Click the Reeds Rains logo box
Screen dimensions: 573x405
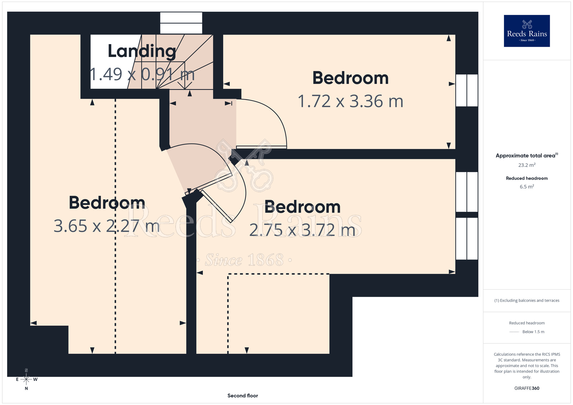[x=527, y=31]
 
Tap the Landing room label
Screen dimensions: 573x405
[x=142, y=51]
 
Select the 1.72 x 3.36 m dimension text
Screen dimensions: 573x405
[x=350, y=101]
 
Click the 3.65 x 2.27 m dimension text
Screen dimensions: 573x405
[x=107, y=226]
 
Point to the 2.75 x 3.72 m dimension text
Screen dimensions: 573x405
[x=302, y=230]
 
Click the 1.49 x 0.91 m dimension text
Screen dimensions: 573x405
[x=142, y=74]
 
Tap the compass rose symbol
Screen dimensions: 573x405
[x=26, y=380]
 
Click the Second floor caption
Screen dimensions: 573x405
[x=243, y=396]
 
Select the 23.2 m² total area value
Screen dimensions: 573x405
[x=527, y=165]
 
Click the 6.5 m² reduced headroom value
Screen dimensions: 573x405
[x=527, y=186]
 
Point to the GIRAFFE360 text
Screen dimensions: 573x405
[x=527, y=388]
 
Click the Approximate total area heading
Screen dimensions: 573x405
[x=527, y=155]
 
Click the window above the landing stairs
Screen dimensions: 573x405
[x=181, y=23]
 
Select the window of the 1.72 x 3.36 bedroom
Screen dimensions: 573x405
[x=467, y=90]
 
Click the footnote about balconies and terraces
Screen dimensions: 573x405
[x=527, y=300]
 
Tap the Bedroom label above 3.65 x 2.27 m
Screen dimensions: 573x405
[x=107, y=202]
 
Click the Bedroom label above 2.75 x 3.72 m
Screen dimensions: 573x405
[x=302, y=207]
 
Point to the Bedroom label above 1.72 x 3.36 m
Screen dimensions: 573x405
[x=350, y=78]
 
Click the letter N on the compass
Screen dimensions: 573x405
[x=26, y=388]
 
